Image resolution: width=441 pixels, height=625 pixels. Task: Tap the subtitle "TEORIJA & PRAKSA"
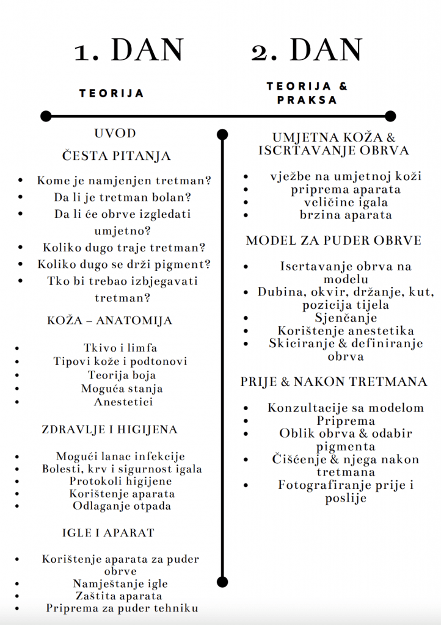point(307,93)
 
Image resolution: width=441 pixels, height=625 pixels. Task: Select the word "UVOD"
point(115,134)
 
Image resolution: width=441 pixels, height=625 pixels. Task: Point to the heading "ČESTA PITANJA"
point(117,156)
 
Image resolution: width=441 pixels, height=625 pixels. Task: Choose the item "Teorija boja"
point(122,375)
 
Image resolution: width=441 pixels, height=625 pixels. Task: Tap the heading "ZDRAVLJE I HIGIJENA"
point(110,430)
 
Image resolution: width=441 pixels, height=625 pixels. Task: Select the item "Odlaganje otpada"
point(122,506)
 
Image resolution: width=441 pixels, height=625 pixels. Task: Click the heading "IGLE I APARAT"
point(108,533)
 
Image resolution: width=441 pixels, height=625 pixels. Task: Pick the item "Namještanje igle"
point(120,584)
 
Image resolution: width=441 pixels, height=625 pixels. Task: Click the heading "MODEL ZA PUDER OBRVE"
point(333,240)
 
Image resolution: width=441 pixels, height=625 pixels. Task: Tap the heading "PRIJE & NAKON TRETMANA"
point(333,382)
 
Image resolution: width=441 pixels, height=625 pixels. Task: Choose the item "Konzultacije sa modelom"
point(346,408)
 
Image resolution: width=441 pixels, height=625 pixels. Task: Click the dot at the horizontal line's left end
point(45,116)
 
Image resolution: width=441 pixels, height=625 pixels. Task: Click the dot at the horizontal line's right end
point(391,116)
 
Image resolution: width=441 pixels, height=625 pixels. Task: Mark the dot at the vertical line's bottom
point(222,582)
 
